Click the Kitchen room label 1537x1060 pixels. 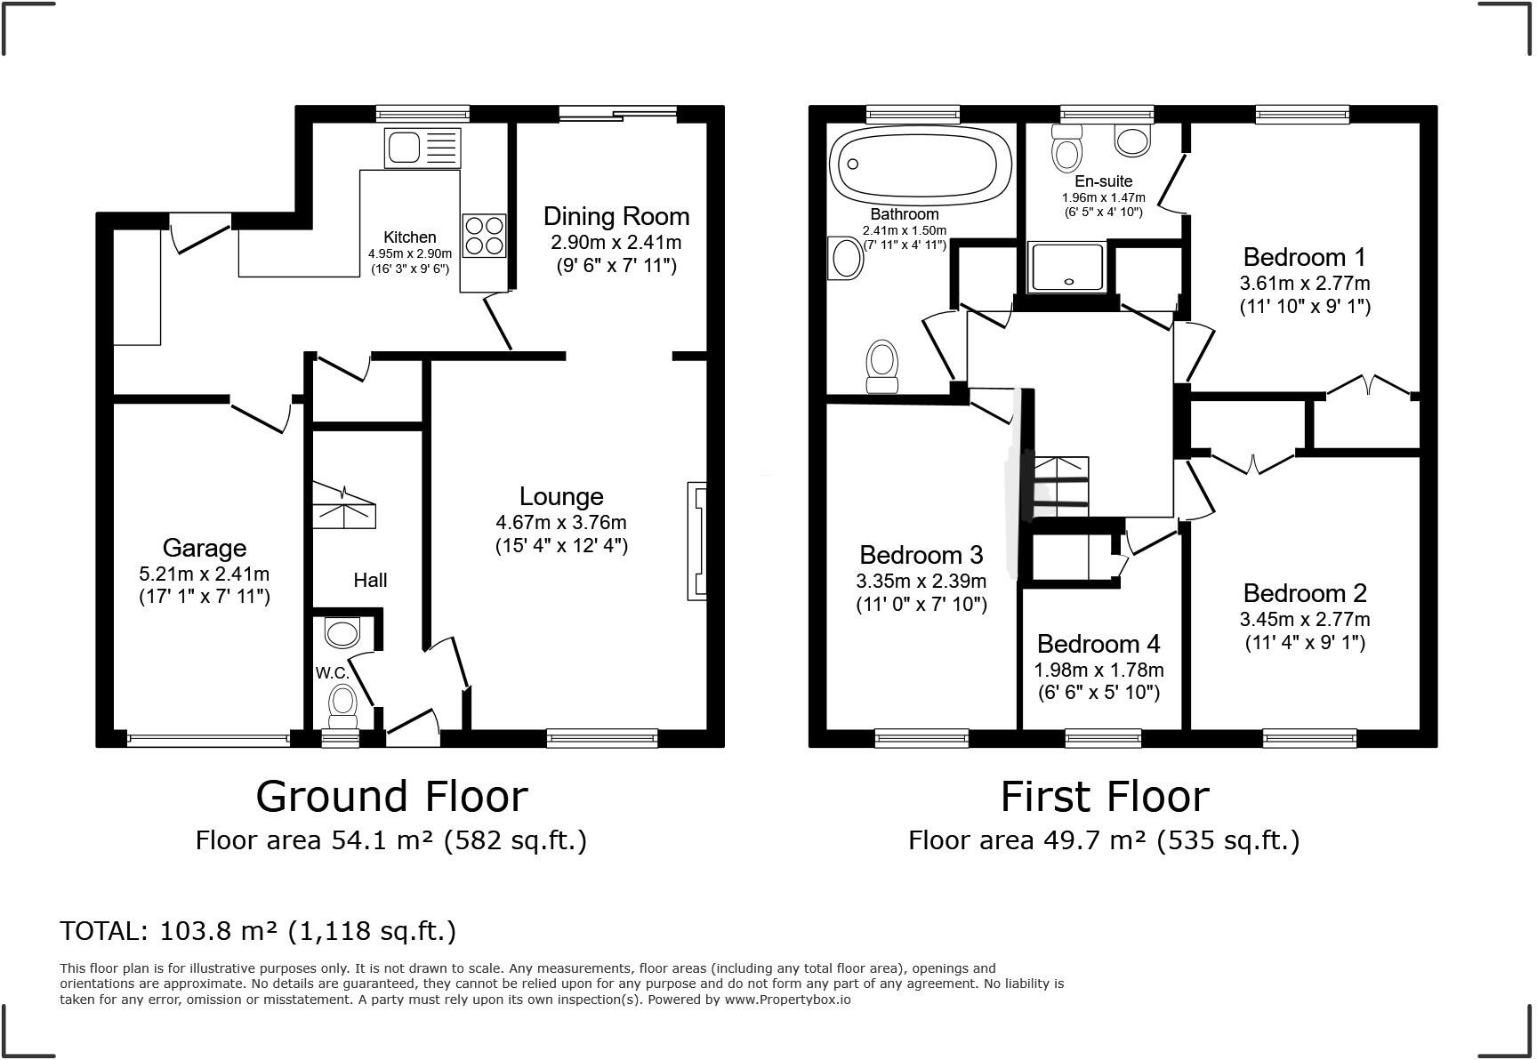pos(409,237)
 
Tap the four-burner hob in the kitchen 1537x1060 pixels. pos(484,235)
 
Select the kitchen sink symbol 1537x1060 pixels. pos(422,147)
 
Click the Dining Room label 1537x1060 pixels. pos(616,216)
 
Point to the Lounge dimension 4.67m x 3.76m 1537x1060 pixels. pos(561,522)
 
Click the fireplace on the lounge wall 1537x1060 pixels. pos(696,541)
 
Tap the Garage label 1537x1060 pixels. pos(204,548)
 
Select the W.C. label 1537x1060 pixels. pos(332,673)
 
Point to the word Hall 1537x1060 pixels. pos(370,580)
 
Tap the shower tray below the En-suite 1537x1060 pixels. pos(1066,266)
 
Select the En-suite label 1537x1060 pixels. pos(1103,181)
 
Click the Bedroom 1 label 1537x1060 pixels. pos(1304,257)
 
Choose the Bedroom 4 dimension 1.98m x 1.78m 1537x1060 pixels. pos(1098,670)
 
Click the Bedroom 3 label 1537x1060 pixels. pos(921,555)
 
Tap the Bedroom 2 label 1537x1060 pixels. pos(1304,593)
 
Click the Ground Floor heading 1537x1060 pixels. pos(391,796)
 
